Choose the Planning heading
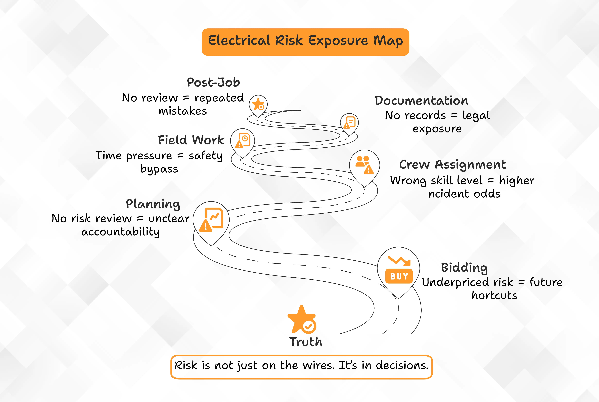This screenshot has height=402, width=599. click(x=153, y=204)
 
